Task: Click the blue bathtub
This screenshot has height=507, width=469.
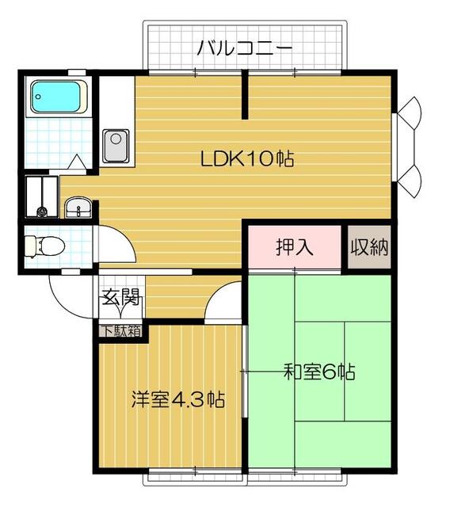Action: [55, 97]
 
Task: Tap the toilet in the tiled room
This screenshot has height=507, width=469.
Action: [45, 246]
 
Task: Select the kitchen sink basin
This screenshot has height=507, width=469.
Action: [116, 146]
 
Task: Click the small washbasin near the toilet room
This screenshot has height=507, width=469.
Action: [78, 208]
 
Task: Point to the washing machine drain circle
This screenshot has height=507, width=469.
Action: [42, 212]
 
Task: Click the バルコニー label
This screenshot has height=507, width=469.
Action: [245, 48]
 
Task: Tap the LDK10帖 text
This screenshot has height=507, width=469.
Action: [247, 158]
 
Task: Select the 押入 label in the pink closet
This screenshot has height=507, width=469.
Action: [295, 247]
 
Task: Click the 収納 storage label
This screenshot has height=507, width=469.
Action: [369, 247]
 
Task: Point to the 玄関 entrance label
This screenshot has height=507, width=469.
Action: [120, 297]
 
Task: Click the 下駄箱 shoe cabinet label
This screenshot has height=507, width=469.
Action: [122, 331]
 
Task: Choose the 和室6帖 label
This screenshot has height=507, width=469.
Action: [319, 372]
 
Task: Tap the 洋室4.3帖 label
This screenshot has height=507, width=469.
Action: [178, 399]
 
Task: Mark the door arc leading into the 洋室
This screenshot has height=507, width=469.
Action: [215, 292]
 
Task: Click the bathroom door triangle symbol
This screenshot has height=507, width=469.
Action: [77, 162]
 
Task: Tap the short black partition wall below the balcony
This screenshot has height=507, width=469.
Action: [245, 94]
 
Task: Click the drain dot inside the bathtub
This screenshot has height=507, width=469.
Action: [39, 97]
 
